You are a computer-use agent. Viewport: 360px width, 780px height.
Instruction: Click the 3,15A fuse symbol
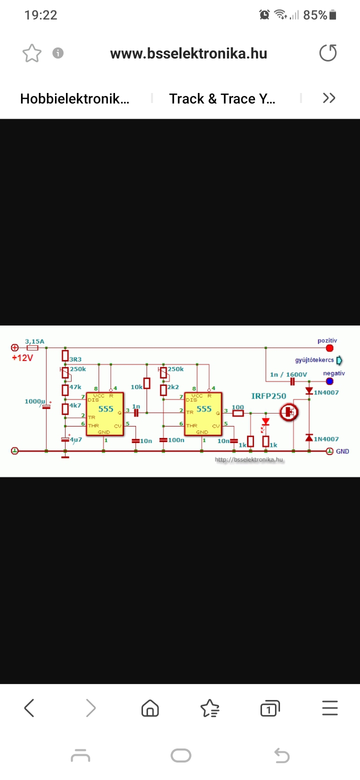[32, 347]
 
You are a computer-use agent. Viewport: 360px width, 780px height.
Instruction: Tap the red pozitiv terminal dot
[329, 348]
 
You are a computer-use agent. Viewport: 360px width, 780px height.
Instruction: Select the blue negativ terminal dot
[329, 381]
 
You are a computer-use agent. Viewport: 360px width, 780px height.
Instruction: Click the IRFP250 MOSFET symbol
[288, 412]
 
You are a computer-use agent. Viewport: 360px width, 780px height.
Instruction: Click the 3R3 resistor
[65, 355]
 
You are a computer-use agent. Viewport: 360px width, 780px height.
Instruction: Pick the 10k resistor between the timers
[146, 383]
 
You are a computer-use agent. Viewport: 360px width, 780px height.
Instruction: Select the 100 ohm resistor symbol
[238, 413]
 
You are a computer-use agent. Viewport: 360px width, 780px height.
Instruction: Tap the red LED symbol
[265, 421]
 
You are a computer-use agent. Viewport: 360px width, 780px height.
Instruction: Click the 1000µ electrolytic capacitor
[46, 406]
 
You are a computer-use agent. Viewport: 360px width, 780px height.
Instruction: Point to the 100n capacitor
[163, 440]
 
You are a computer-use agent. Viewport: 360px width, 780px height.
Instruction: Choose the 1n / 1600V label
[288, 374]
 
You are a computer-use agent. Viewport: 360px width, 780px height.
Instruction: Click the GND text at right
[342, 451]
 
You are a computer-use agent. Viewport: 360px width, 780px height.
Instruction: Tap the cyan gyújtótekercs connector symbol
[340, 360]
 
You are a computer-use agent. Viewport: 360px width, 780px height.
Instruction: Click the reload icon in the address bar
[328, 53]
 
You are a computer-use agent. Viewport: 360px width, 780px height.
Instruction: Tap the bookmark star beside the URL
[32, 53]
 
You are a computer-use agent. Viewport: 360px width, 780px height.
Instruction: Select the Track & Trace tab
[222, 98]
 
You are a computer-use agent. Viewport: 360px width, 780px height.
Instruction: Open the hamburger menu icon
[330, 708]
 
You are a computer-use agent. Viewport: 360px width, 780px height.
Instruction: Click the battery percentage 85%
[314, 15]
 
